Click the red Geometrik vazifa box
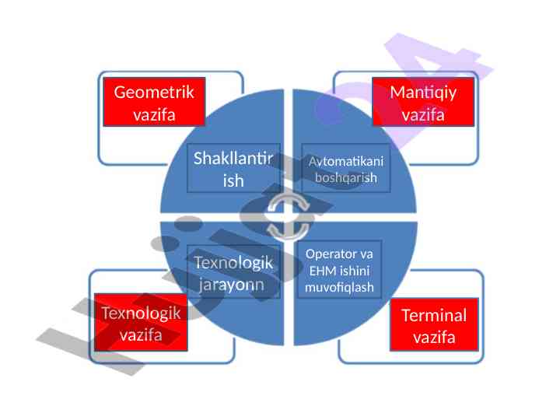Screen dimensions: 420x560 [x=154, y=102]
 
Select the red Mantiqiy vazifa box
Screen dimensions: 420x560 [x=423, y=102]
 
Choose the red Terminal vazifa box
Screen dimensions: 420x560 [x=434, y=325]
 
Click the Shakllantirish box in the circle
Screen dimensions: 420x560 [x=233, y=169]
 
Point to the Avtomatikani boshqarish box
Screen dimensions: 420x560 [x=346, y=169]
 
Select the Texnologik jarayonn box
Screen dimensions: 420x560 [x=233, y=272]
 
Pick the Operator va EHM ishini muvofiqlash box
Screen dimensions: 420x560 [x=340, y=271]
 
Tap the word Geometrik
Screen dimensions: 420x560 [x=154, y=93]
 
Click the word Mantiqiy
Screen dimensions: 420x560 [x=423, y=93]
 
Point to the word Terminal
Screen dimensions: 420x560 [x=434, y=315]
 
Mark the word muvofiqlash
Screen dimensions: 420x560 [x=340, y=288]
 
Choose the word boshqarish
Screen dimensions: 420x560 [x=346, y=177]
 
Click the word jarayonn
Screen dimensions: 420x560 [x=233, y=284]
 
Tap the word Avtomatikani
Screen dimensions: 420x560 [x=346, y=160]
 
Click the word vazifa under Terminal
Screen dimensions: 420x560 [x=434, y=337]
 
